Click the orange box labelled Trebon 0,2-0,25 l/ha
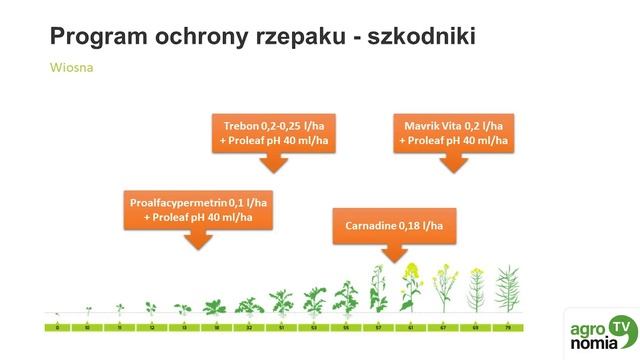tap(273, 133)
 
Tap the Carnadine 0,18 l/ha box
tap(393, 224)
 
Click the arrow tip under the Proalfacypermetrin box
tap(199, 247)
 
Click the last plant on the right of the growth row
tap(507, 290)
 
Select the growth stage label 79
tap(507, 327)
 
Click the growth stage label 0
tap(58, 327)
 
